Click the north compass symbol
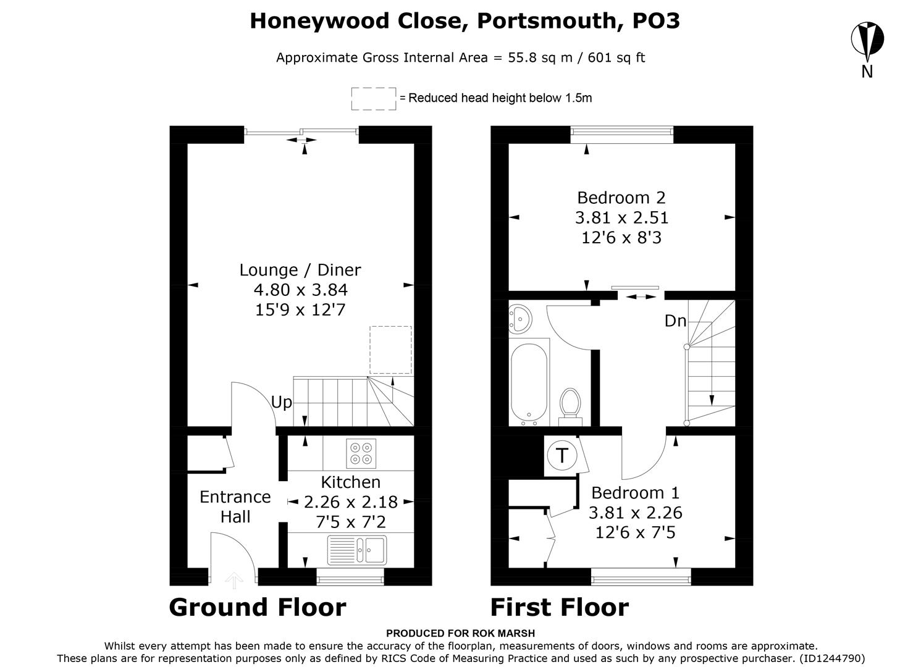[867, 40]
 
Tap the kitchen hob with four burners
[361, 453]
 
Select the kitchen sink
[357, 549]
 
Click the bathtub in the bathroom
[529, 383]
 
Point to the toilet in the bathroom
[570, 405]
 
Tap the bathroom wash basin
[518, 318]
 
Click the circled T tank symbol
[561, 456]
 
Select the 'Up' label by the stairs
[281, 403]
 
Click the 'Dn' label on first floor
[675, 321]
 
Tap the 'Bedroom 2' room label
[621, 198]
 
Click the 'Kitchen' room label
[350, 482]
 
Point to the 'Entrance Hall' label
[235, 506]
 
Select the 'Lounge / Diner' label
[300, 270]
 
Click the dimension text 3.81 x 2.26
[635, 513]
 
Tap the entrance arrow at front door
[233, 579]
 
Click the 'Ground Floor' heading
[257, 608]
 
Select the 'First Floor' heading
[559, 608]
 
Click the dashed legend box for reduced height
[374, 98]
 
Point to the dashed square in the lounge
[390, 350]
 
